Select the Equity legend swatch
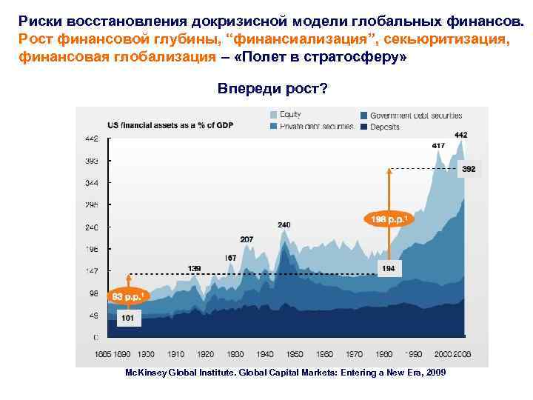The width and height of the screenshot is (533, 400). (x=275, y=115)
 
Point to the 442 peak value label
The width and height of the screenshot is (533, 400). (x=460, y=135)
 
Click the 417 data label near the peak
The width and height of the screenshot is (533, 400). (x=438, y=146)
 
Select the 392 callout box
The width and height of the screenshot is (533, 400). (x=469, y=170)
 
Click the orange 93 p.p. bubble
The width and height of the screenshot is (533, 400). (x=127, y=296)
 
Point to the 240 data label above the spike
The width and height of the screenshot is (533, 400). (x=284, y=224)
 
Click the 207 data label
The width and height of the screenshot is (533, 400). (x=247, y=239)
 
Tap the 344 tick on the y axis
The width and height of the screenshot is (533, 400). (x=92, y=182)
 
